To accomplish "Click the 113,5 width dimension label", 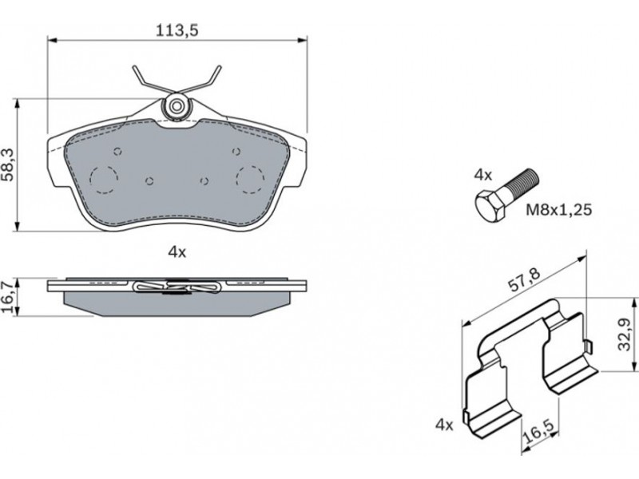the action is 177,30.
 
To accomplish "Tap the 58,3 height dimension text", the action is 9,164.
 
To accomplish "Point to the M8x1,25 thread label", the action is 558,210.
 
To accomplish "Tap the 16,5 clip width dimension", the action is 538,432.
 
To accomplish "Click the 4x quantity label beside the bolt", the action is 483,176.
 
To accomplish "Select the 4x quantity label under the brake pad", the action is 177,252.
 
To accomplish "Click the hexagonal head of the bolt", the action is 491,206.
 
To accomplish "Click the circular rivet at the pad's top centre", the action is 176,106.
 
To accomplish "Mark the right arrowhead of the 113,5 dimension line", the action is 302,39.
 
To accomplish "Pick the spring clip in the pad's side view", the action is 177,287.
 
